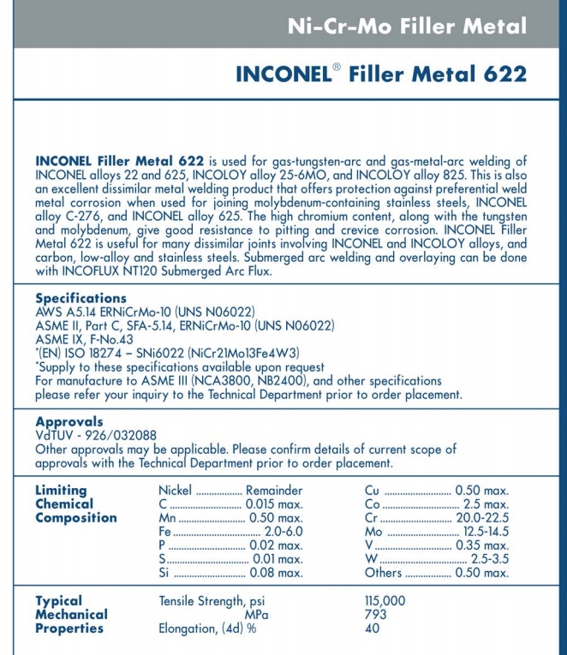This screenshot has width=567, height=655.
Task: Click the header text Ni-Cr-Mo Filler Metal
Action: (407, 26)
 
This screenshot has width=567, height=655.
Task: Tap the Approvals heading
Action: (69, 422)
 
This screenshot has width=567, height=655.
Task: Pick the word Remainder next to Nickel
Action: (274, 491)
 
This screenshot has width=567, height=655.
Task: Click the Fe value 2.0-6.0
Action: (283, 532)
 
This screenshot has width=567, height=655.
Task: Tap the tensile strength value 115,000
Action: (385, 601)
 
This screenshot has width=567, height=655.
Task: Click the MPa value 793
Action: (375, 615)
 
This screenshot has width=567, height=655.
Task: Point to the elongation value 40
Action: (372, 628)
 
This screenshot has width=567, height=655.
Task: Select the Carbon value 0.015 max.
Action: (274, 504)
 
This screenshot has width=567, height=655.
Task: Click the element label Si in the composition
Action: (165, 573)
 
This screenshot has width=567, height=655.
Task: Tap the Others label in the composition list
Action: (383, 573)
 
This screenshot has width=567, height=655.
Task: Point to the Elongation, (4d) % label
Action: (208, 628)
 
